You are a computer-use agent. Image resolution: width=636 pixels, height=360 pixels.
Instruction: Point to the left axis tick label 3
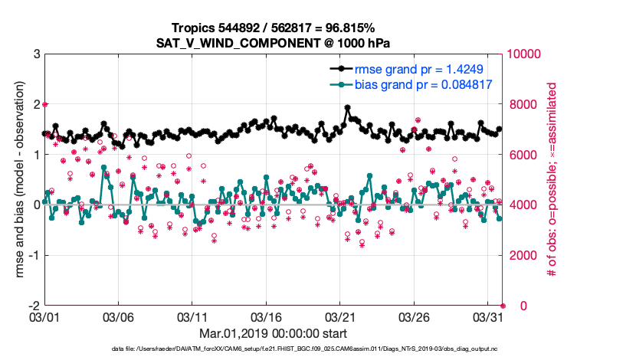(x=37, y=54)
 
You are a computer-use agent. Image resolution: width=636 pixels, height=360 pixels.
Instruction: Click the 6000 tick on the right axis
(x=522, y=155)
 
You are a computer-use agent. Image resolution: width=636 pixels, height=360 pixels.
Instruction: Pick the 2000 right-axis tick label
(x=522, y=255)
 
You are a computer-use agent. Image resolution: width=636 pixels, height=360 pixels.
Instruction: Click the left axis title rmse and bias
(x=18, y=179)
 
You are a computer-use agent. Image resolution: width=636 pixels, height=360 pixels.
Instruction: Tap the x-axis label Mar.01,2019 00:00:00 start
(x=274, y=334)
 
